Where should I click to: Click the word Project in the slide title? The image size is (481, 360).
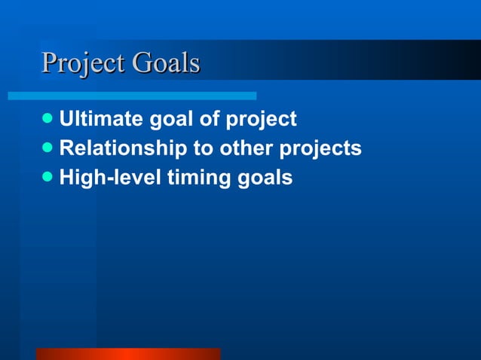tap(83, 63)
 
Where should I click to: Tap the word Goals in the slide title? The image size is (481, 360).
tap(166, 63)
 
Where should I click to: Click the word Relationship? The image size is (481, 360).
tap(124, 149)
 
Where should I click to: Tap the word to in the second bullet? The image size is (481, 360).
tap(204, 149)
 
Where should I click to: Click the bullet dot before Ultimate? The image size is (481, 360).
tap(48, 119)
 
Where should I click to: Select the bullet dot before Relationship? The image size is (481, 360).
tap(48, 148)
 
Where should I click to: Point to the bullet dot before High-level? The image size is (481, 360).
tap(48, 178)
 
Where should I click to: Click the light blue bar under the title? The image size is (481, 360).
tap(132, 96)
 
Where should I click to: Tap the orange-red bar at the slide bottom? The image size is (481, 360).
tap(128, 354)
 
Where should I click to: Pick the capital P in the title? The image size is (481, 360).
tap(50, 63)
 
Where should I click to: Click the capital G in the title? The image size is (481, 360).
tap(142, 63)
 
